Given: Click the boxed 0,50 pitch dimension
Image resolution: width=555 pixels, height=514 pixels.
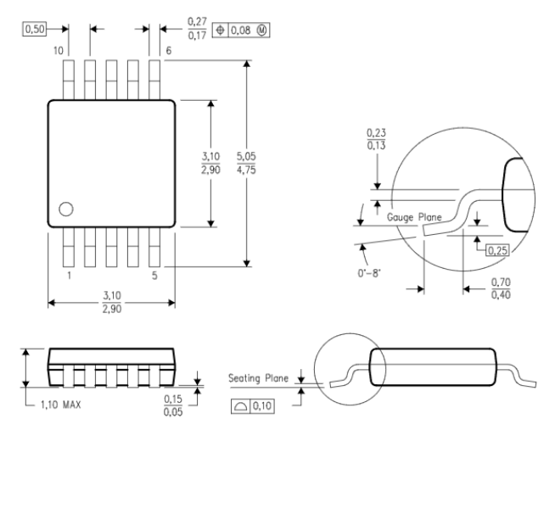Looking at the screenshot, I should (34, 29).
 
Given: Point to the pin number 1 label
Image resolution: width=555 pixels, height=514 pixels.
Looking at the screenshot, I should (69, 276).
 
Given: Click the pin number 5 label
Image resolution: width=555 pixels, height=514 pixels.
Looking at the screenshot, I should (154, 276).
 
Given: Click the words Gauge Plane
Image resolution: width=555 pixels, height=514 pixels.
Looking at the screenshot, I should (415, 218).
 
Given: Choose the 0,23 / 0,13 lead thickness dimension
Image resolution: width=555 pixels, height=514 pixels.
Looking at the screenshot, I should (375, 140).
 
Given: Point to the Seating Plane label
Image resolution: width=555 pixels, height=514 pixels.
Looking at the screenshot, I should (259, 379).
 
